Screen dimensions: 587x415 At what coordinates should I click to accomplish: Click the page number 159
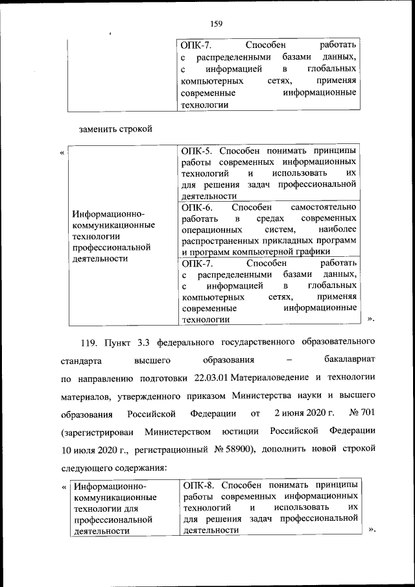pyautogui.click(x=217, y=24)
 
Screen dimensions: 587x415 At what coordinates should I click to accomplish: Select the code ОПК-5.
pyautogui.click(x=196, y=150)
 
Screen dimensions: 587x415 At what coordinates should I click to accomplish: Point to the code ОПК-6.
pyautogui.click(x=196, y=207)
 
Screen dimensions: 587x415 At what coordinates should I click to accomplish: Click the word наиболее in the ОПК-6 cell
pyautogui.click(x=338, y=230)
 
